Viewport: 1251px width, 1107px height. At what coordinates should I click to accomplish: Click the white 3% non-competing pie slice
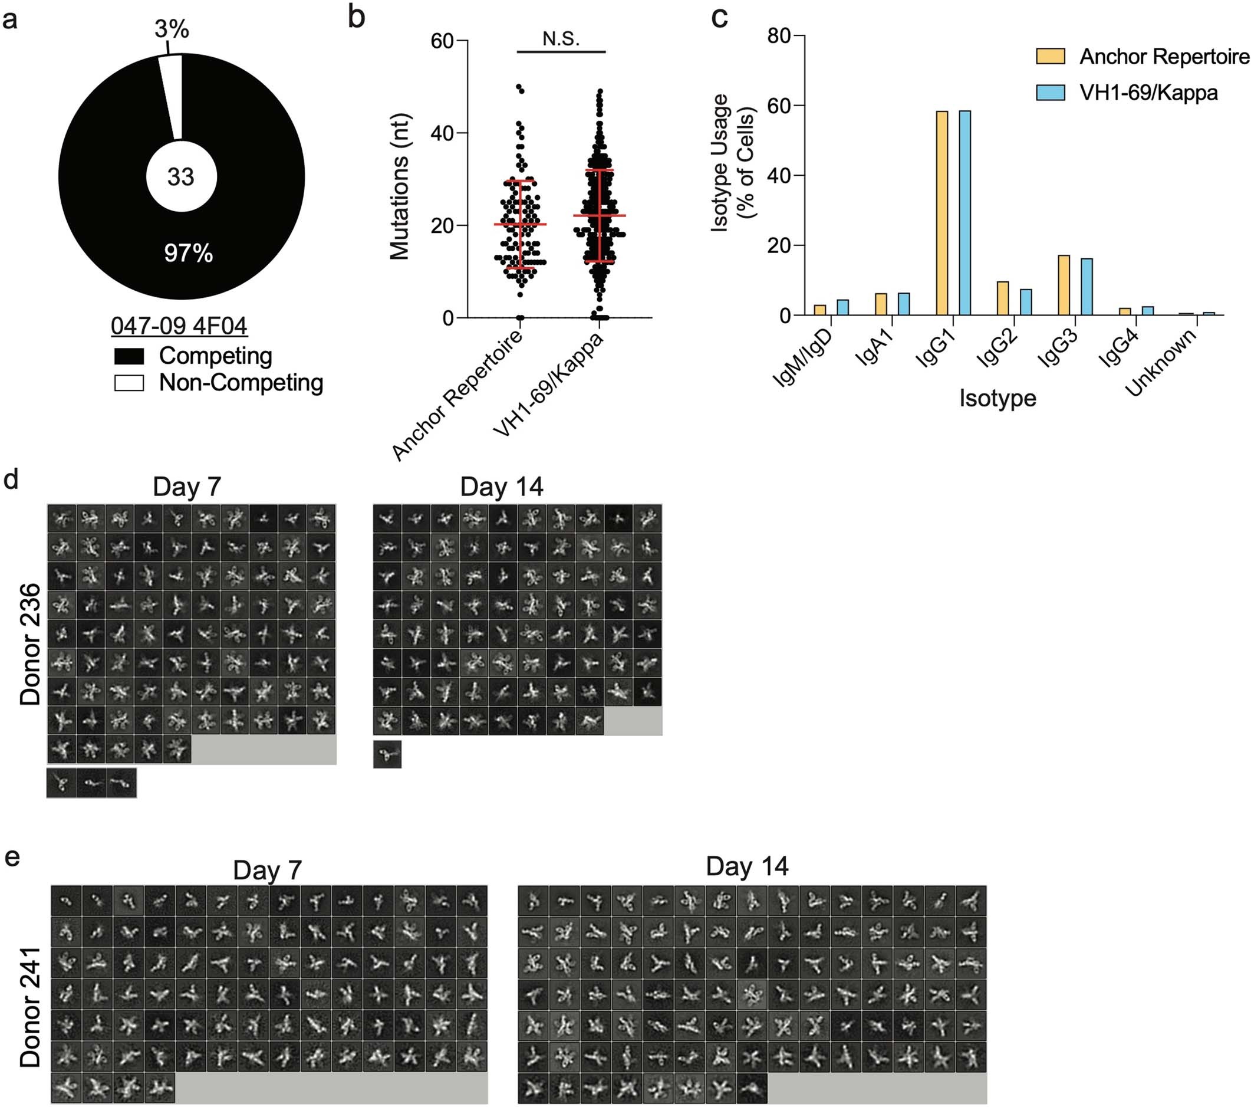[x=172, y=92]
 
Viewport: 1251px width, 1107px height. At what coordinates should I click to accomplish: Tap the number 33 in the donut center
[x=180, y=177]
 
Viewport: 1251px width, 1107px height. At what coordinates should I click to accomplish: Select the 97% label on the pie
[x=189, y=253]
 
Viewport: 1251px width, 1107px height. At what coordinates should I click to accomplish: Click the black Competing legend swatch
[x=129, y=356]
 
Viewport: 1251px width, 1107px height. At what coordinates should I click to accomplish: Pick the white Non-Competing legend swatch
[x=129, y=383]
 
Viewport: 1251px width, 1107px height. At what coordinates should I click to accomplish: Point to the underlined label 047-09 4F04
[x=179, y=326]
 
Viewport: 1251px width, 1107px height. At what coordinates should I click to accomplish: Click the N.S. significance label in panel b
[x=561, y=39]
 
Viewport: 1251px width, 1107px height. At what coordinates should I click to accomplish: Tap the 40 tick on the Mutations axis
[x=442, y=133]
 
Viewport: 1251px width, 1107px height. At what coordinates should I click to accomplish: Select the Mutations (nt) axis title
[x=400, y=187]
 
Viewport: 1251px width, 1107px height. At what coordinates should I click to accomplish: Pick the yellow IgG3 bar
[x=1064, y=285]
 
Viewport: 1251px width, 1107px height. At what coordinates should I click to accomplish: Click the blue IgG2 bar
[x=1026, y=303]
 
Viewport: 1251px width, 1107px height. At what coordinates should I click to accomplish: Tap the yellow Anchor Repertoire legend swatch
[x=1050, y=57]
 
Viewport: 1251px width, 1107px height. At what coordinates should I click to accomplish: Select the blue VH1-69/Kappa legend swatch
[x=1050, y=93]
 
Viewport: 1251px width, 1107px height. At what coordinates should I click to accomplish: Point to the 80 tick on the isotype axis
[x=779, y=36]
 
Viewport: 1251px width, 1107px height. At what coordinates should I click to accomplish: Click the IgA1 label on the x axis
[x=876, y=347]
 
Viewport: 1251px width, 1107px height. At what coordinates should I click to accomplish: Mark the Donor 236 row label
[x=31, y=644]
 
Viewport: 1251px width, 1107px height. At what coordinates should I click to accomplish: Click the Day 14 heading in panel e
[x=747, y=866]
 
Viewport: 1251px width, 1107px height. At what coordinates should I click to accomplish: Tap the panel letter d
[x=11, y=479]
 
